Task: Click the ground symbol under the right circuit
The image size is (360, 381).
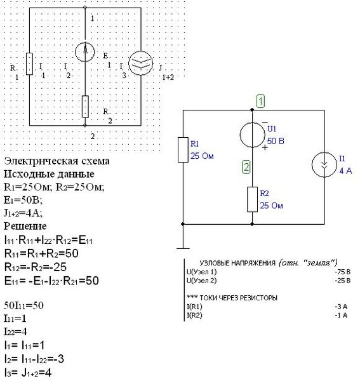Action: [183, 248]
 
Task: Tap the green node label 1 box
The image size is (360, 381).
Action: [261, 101]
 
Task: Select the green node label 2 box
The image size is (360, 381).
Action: [246, 167]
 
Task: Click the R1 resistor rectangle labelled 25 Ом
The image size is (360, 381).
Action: [183, 150]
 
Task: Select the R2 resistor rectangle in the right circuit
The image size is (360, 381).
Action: [253, 199]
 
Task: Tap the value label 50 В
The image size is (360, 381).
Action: [276, 141]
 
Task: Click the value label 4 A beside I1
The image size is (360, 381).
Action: [345, 171]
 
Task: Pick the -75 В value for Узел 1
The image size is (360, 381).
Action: [342, 272]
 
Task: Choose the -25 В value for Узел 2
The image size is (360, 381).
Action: [342, 281]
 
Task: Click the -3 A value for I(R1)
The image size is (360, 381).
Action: [341, 307]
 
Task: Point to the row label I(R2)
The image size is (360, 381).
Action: [194, 316]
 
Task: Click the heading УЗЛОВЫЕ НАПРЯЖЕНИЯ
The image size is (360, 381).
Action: [237, 263]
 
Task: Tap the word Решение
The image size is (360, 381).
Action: [25, 226]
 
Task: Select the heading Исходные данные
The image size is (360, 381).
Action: [49, 174]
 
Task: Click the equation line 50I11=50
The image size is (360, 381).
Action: [23, 305]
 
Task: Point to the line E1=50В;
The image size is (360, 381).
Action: [23, 200]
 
